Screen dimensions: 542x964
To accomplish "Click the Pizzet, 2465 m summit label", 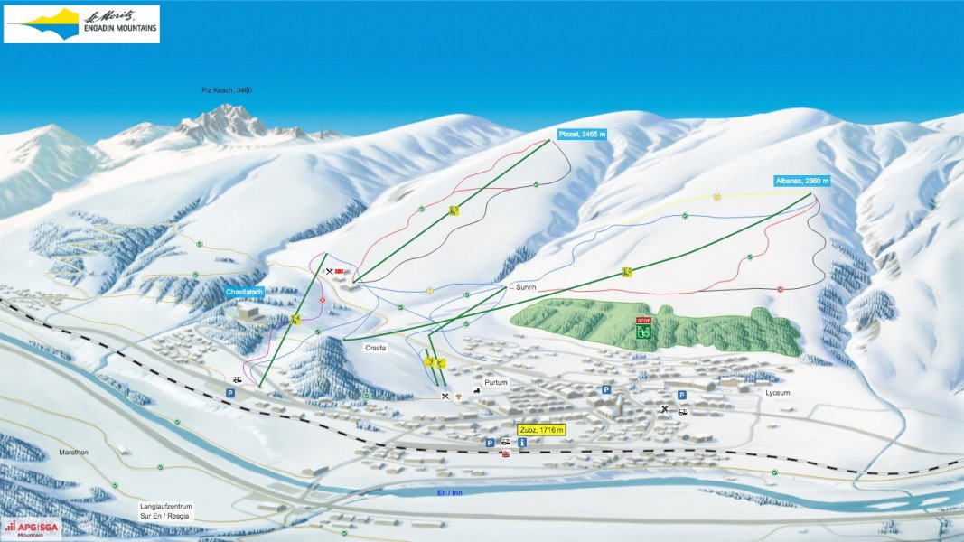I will coord(581,133).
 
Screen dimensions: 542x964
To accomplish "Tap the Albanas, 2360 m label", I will coord(801,181).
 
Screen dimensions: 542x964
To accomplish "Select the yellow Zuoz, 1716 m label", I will coord(541,430).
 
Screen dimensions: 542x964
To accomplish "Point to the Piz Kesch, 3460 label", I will coord(226,90).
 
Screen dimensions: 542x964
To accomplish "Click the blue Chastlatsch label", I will coord(244,292).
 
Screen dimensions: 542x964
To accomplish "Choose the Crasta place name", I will coord(377,347).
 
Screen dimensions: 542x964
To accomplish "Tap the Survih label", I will coord(526,286).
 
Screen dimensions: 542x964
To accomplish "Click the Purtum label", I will coord(496,383).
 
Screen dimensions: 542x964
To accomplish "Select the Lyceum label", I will coord(777,393).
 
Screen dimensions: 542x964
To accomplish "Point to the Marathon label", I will coord(74,453).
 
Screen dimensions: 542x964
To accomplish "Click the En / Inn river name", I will coord(449,492).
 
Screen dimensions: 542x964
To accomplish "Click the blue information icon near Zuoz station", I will coord(521,443).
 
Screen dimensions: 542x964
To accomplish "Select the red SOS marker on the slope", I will coord(340,271).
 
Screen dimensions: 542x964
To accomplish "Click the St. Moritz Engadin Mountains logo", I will coord(81,23).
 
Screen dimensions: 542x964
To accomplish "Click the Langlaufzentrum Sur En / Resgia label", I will coord(167,510).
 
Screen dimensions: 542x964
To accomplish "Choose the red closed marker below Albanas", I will coord(781,289).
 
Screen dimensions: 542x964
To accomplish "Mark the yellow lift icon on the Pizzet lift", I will coord(454,210).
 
